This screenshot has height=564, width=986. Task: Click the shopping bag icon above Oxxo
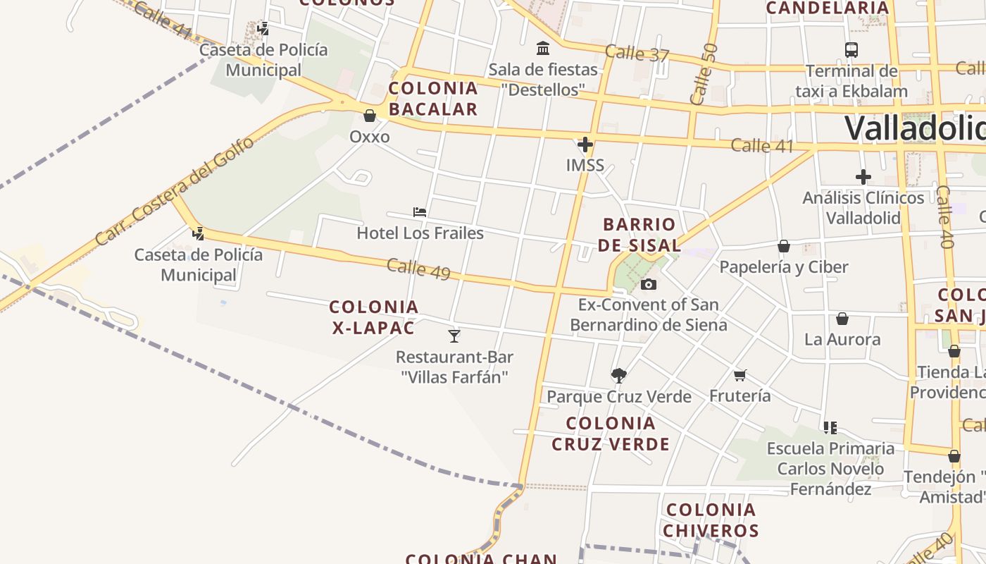point(370,116)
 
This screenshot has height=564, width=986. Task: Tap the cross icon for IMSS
point(585,145)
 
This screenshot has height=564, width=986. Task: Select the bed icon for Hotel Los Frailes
point(420,211)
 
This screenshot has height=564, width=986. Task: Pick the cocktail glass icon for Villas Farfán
point(454,336)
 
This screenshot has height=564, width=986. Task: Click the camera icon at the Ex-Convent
point(649,284)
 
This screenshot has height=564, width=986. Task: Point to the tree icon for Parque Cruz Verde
point(619,375)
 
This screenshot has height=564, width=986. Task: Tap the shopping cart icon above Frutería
point(739,375)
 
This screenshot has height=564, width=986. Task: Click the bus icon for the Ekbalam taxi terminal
point(851,50)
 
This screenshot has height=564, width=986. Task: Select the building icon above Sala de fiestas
point(543,49)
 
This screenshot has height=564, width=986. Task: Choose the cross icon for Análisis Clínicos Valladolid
point(863,177)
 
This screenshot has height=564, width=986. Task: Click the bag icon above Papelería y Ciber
point(784,246)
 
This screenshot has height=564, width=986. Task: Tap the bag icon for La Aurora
point(842,319)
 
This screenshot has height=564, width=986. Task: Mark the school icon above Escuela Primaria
point(830,427)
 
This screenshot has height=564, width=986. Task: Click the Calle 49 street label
point(418,269)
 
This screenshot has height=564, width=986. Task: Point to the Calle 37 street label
point(637,54)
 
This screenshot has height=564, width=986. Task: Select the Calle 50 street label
point(704,74)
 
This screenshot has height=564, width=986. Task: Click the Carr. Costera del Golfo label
point(174,192)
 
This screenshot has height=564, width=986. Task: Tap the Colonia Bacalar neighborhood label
point(433,99)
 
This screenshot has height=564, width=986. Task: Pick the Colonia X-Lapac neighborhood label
point(374,317)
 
